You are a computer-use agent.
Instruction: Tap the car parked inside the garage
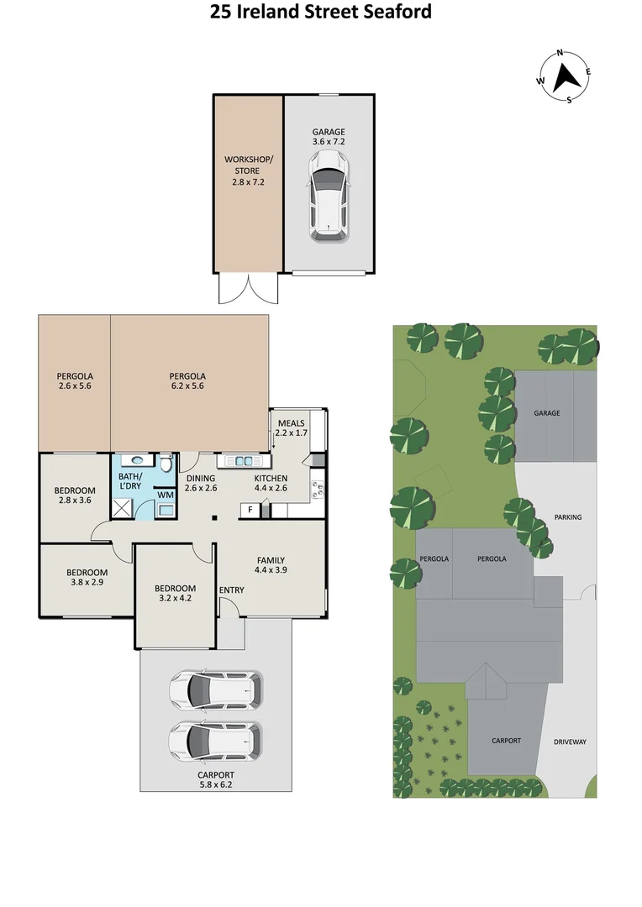coord(327,202)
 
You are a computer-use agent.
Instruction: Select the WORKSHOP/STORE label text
coord(247,170)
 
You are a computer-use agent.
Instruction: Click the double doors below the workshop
coord(247,289)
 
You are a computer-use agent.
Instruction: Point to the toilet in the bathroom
coord(166,464)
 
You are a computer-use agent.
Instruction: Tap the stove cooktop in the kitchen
coord(318,487)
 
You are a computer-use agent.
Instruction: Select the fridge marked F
coord(250,510)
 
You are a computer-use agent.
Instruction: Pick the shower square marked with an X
coord(124,507)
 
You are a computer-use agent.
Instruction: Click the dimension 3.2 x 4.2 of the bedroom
coord(175,600)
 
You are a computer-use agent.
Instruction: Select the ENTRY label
coord(231,590)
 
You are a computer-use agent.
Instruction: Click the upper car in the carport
coord(215,690)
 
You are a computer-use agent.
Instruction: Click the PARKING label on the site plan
coord(568,517)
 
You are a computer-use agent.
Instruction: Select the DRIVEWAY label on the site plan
coord(570,742)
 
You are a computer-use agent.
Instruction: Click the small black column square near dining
coord(215,518)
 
